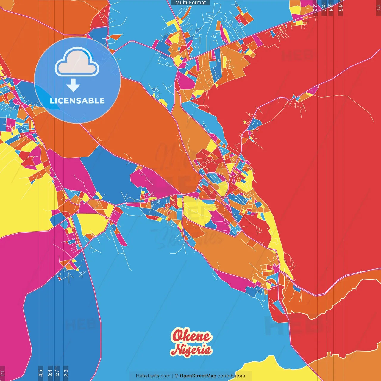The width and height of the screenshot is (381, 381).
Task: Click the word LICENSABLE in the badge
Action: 77,101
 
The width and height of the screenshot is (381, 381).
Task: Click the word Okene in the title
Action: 191,336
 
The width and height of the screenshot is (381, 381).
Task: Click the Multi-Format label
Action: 190,3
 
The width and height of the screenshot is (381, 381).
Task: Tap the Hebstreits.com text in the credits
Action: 153,376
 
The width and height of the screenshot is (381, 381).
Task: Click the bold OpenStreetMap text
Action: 198,376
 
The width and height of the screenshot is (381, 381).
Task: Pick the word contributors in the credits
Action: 231,376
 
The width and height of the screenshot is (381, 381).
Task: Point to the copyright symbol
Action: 176,376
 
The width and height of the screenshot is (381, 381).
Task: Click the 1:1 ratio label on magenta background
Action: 2,373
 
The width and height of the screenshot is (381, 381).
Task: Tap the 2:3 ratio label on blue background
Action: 66,373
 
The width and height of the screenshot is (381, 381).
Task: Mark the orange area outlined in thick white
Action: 327,301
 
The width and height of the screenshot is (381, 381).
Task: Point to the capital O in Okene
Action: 178,336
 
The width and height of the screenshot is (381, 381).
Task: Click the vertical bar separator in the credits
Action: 173,376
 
